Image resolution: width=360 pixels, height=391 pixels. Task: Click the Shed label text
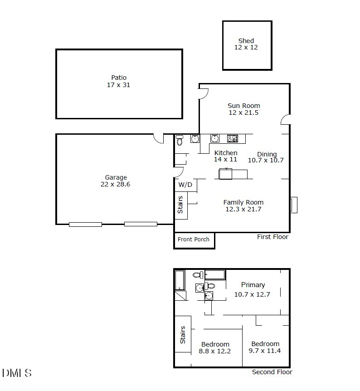pos(246,41)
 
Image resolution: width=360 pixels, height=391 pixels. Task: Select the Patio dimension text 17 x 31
pos(119,85)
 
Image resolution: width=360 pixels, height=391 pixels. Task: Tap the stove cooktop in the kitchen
pos(233,138)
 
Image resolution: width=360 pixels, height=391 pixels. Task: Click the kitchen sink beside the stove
pos(215,138)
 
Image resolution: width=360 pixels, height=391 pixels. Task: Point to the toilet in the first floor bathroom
pos(180,140)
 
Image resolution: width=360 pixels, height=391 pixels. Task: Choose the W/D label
pos(185,185)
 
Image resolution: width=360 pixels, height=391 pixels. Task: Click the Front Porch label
pos(194,239)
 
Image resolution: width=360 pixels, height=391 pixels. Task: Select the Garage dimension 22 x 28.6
pos(116,185)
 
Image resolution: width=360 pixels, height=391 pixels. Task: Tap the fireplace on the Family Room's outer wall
pos(294,205)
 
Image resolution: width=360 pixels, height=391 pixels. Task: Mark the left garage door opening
pos(85,224)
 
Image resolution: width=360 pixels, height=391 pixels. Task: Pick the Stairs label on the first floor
pos(180,205)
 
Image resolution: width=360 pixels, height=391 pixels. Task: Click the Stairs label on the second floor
pos(183,335)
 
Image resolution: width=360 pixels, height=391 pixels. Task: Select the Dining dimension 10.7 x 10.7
pos(266,160)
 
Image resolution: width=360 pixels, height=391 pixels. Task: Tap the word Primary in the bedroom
pos(253,285)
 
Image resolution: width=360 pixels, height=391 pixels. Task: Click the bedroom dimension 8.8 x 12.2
pos(215,351)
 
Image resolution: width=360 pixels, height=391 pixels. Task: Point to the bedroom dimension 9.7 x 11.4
pos(265,351)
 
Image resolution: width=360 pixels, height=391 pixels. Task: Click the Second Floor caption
pos(272,372)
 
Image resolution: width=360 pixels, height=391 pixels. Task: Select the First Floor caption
pos(272,237)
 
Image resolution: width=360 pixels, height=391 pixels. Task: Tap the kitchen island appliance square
pos(225,174)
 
